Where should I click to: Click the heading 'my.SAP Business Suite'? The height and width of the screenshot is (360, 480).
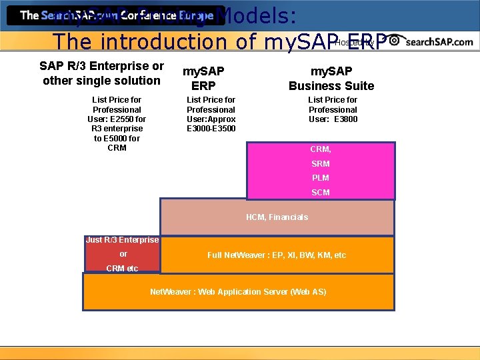[331, 78]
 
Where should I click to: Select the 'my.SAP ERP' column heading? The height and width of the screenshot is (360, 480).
[203, 78]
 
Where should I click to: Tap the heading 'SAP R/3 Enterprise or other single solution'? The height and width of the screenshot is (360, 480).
[101, 73]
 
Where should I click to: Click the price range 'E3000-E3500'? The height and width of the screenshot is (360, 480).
[211, 129]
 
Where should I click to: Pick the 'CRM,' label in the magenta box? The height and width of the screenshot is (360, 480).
[321, 149]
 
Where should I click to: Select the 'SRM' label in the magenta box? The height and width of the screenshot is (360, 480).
[321, 164]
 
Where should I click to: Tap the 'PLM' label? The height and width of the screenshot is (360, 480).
[321, 178]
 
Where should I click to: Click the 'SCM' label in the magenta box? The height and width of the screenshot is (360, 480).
[321, 193]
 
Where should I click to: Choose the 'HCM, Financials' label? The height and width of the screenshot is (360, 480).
[277, 217]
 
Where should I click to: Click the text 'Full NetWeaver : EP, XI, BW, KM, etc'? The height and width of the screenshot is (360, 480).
[277, 255]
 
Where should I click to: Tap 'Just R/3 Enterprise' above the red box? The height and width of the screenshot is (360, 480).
[122, 240]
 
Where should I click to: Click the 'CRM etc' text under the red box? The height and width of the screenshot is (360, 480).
[122, 269]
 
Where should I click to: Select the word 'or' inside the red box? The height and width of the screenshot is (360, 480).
[123, 254]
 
